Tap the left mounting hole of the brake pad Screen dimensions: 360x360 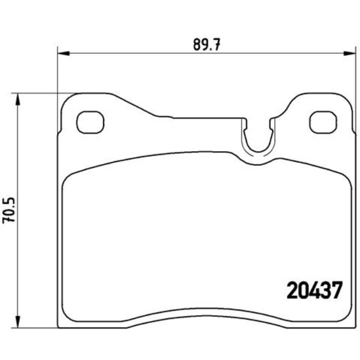point(90,122)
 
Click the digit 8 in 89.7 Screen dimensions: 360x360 point(197,45)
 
